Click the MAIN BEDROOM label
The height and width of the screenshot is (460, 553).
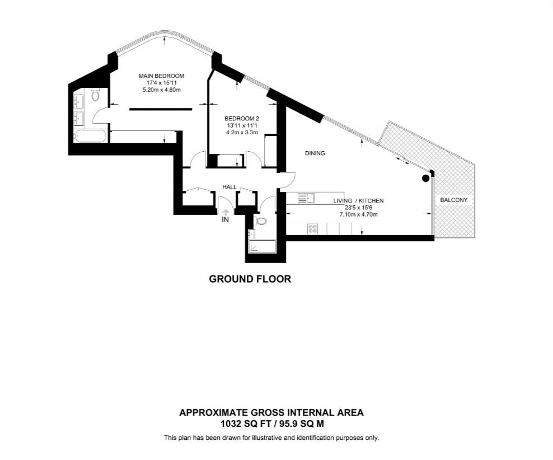point(161,76)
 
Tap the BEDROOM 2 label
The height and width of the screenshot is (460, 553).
point(242,119)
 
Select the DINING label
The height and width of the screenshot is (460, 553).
point(315,153)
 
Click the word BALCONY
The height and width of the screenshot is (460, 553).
point(453,200)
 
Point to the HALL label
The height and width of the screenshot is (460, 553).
point(229,187)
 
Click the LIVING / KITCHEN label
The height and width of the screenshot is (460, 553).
point(358,200)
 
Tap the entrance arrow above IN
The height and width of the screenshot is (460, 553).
point(226,212)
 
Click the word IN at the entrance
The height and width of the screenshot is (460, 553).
point(226,220)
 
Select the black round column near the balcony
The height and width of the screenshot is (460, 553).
point(425,179)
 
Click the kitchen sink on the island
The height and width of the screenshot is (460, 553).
point(306,197)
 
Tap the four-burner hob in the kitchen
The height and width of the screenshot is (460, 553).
point(312,229)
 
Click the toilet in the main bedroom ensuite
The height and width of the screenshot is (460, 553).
point(95,97)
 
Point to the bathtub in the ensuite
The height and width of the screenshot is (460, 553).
point(89,136)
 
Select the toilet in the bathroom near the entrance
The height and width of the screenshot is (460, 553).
point(261,221)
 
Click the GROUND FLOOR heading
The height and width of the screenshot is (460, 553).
point(250,279)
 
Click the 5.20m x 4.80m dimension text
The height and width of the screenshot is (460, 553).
point(161,90)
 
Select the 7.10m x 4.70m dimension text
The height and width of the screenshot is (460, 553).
point(358,214)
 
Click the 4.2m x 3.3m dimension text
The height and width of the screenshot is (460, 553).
point(242,133)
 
